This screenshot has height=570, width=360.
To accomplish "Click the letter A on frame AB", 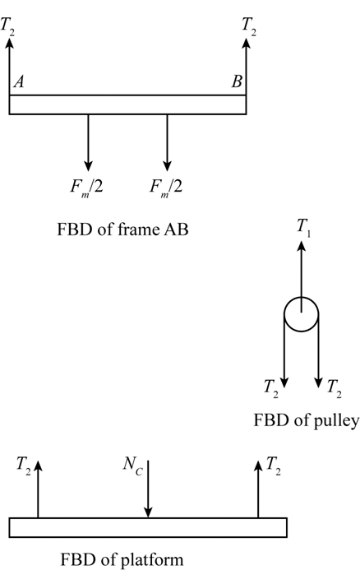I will click(18, 82).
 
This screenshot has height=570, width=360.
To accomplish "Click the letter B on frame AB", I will click(237, 82).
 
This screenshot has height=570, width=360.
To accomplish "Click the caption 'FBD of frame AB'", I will click(128, 229).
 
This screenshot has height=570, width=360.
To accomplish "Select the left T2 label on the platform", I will click(24, 466).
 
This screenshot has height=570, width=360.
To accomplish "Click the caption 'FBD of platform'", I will click(120, 561).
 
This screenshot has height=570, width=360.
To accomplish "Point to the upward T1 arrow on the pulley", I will click(302, 271).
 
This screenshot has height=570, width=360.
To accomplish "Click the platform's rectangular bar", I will click(148, 527).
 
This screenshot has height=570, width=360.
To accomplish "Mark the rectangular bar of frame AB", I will click(127, 104).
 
